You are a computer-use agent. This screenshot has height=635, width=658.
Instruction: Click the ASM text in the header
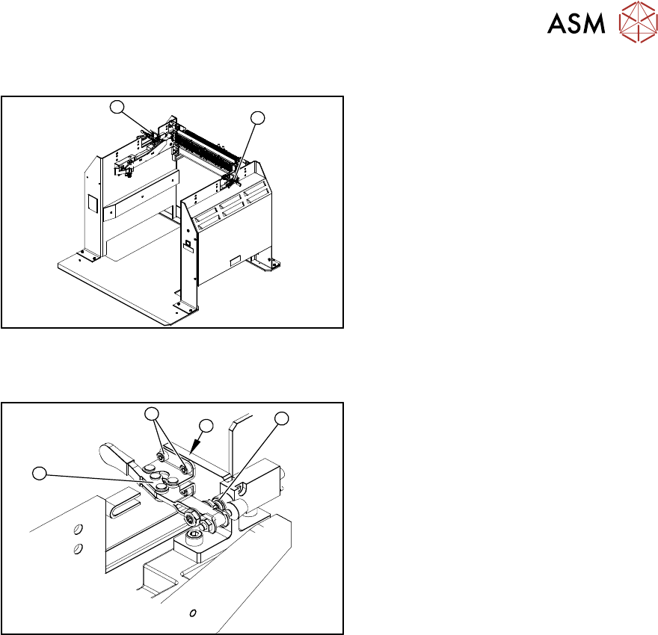[x=576, y=24]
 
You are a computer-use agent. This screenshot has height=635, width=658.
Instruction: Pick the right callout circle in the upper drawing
[x=257, y=117]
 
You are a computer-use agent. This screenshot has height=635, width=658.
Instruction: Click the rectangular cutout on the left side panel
[x=92, y=202]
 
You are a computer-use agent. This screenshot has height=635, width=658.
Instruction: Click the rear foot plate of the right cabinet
[x=268, y=263]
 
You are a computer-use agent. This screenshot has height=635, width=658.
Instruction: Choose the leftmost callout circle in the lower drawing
[x=41, y=473]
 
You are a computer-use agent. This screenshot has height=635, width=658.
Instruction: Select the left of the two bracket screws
[x=161, y=456]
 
